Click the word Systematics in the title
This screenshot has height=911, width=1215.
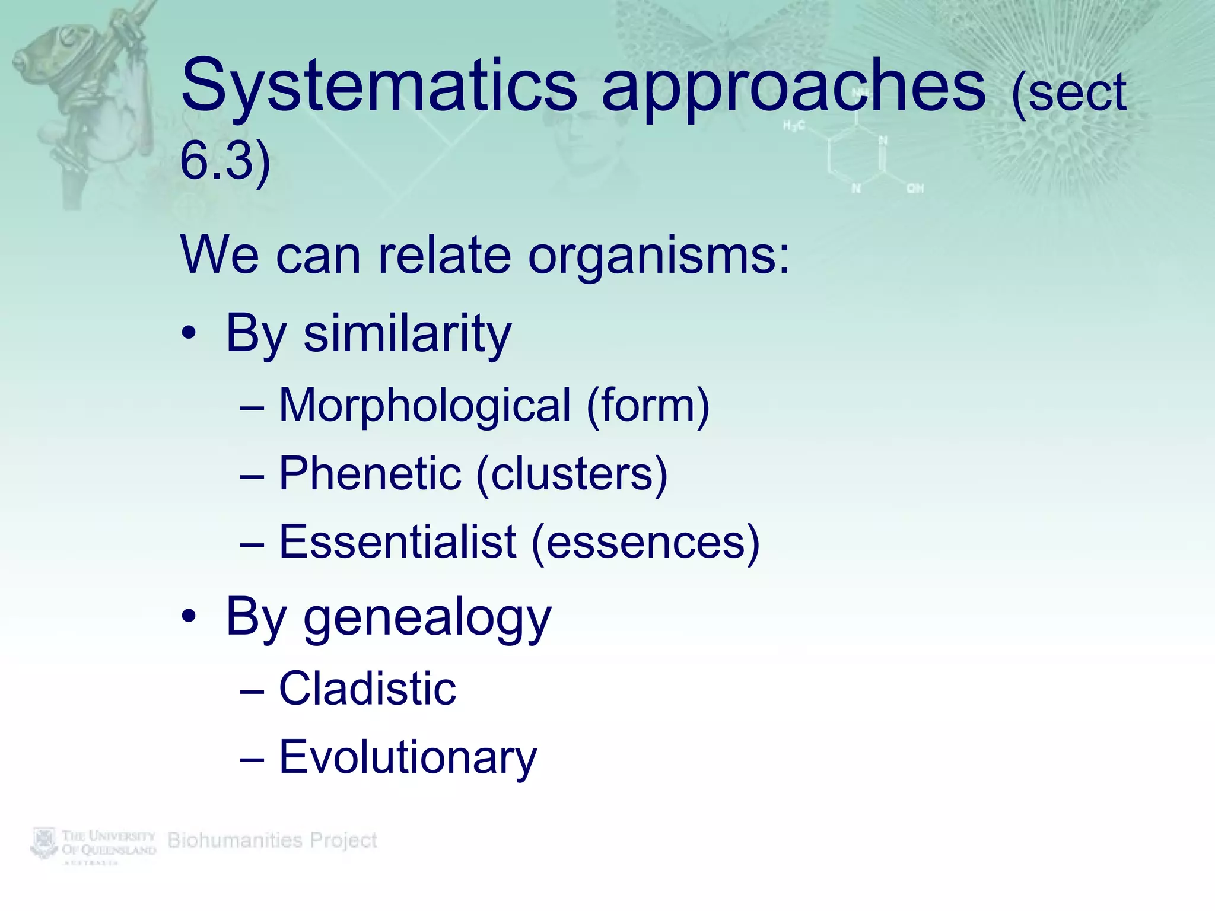[x=379, y=86]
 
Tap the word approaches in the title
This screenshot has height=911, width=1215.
[x=793, y=89]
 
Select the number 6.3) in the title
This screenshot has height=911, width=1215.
[x=225, y=161]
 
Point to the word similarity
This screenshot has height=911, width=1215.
[x=407, y=334]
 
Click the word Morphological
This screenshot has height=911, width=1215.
[x=425, y=406]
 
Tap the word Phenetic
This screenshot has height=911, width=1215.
[x=370, y=474]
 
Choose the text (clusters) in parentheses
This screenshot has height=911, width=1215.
[x=571, y=474]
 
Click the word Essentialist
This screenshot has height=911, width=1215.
[x=397, y=542]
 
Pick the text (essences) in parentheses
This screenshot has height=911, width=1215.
[x=645, y=542]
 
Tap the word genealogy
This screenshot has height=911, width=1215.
[x=427, y=619]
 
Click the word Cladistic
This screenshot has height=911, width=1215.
[x=367, y=689]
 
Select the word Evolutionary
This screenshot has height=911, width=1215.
[x=408, y=758]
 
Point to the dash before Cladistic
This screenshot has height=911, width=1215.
[x=252, y=691]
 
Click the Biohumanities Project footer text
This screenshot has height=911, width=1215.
[x=272, y=840]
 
